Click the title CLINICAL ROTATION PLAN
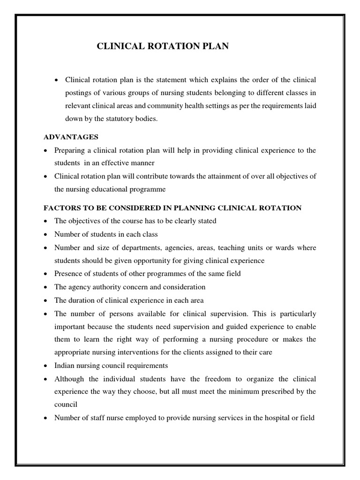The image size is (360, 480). click(x=163, y=46)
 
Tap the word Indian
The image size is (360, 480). click(x=65, y=365)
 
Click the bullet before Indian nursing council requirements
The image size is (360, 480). click(x=45, y=366)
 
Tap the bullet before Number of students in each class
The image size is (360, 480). click(x=45, y=234)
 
